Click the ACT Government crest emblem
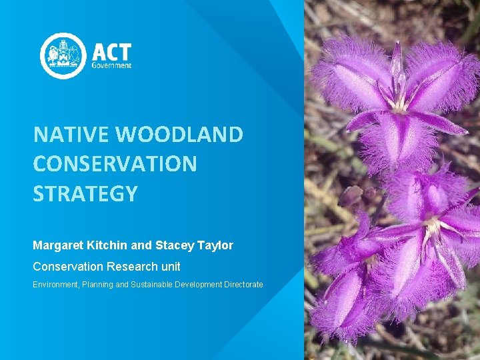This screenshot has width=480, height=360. pyautogui.click(x=63, y=56)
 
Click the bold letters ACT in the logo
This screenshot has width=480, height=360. pyautogui.click(x=111, y=53)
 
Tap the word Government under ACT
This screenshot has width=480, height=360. pyautogui.click(x=111, y=66)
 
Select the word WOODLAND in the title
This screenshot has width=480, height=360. pyautogui.click(x=179, y=135)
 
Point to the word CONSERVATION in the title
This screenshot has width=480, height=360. pyautogui.click(x=115, y=164)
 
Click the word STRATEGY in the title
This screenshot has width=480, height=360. pyautogui.click(x=85, y=193)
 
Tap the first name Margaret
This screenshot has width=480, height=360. pyautogui.click(x=58, y=245)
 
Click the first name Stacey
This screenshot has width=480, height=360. pyautogui.click(x=175, y=245)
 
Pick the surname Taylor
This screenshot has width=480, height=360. pyautogui.click(x=215, y=245)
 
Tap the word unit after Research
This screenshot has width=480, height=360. pyautogui.click(x=169, y=267)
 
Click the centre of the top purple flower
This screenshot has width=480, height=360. pyautogui.click(x=399, y=103)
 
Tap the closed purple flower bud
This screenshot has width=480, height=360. pyautogui.click(x=351, y=195)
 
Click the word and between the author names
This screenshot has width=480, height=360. pyautogui.click(x=142, y=245)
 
